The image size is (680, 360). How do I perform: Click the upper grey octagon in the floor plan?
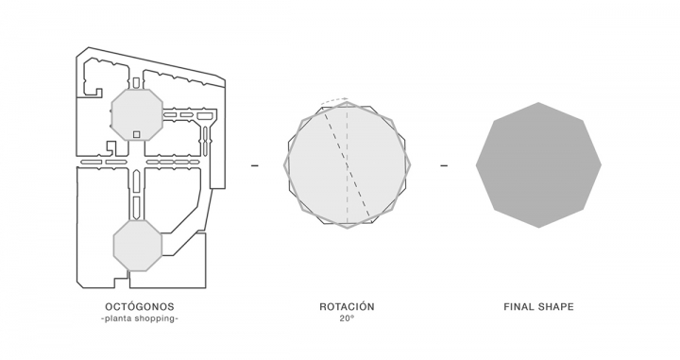pos(137,114)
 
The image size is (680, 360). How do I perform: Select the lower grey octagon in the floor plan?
pos(138,246)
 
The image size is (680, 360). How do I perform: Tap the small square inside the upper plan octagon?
pos(137,134)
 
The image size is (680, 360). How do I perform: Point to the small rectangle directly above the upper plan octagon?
pos(136,83)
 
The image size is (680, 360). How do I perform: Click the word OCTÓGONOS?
pos(140,307)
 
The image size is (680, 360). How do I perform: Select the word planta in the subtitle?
pos(118,318)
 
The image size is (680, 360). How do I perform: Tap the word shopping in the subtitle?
pos(155,318)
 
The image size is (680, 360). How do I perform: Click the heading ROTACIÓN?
pos(347,307)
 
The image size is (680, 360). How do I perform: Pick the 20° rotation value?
pos(347,318)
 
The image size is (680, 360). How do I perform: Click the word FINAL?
pos(518,307)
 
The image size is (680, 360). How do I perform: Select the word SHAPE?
pos(556,307)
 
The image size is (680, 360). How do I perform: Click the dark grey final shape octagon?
pos(538,164)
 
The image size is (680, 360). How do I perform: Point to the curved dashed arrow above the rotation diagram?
pos(334,100)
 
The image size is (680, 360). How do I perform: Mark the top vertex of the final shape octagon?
pos(538,102)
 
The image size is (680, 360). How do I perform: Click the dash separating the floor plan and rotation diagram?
pos(255,165)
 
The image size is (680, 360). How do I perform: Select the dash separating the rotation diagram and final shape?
pos(444,165)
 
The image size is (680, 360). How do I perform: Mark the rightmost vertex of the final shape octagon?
pos(602,164)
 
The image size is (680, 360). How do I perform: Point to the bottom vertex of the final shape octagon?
pos(538,228)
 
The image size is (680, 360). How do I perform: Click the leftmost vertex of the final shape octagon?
pos(476,164)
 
